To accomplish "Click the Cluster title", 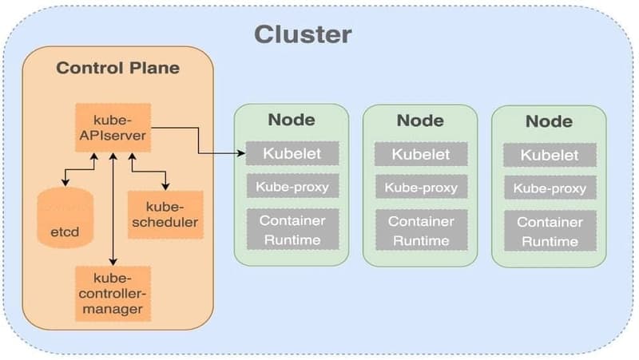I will tap(303, 34).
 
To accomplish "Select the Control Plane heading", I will tap(117, 68).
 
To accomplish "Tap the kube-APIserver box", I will tap(113, 126).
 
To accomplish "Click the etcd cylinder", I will tap(65, 219).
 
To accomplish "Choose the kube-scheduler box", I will tap(165, 214).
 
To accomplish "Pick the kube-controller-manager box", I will tap(113, 292).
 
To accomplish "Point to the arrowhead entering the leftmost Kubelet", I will tap(241, 153).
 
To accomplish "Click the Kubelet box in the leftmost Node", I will tap(292, 153).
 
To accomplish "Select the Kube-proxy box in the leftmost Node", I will tap(292, 187).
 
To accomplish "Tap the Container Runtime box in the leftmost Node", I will tap(292, 229).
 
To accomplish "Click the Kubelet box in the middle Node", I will tap(420, 154).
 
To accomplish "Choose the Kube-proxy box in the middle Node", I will tap(420, 188).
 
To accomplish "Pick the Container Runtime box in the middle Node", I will tap(420, 230).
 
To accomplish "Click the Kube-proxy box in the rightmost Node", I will tap(549, 189).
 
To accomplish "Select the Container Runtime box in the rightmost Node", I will tap(549, 231).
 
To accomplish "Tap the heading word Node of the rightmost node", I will tap(549, 121).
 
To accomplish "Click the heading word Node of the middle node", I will tap(420, 121).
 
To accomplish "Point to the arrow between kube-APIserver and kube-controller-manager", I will tap(113, 208).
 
